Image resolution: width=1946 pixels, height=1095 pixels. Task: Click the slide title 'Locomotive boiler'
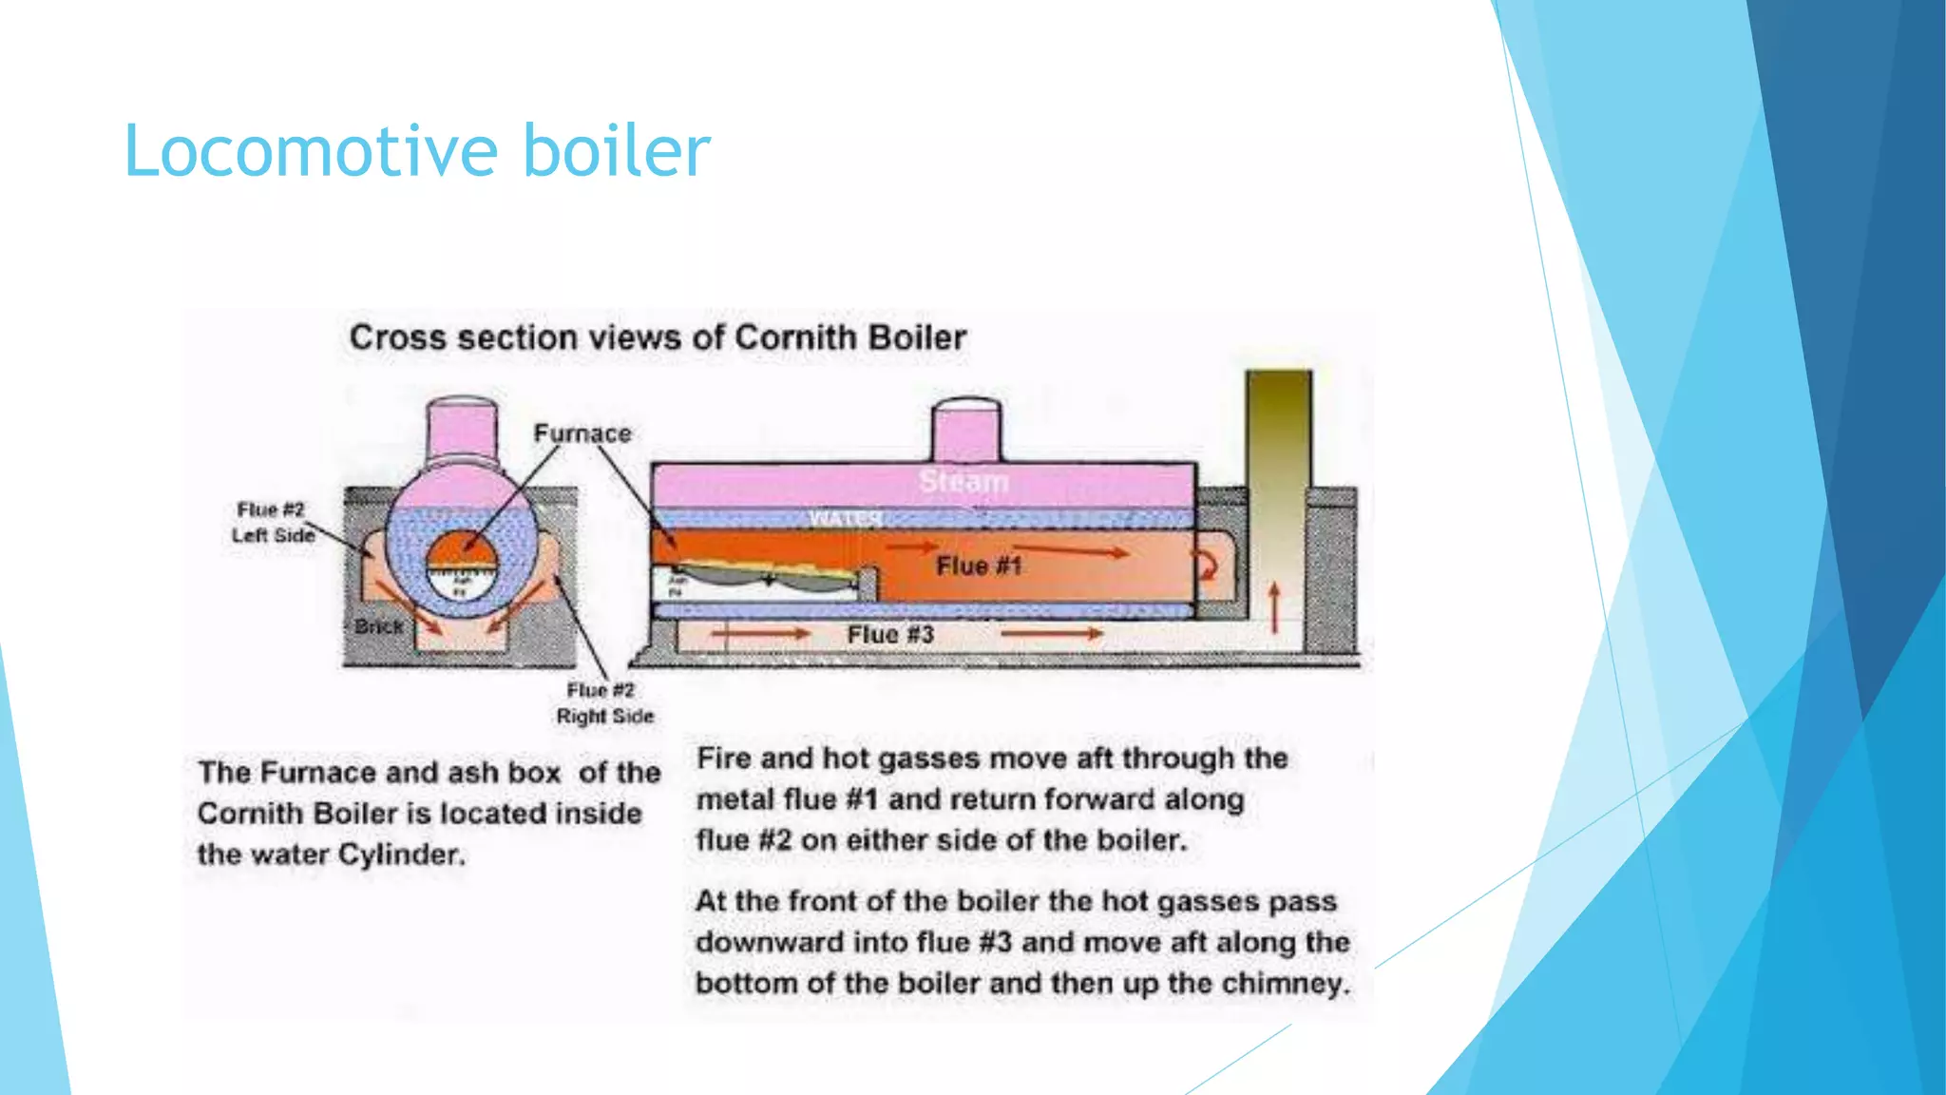pos(416,151)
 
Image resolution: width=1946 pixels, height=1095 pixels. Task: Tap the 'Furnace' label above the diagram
pos(582,433)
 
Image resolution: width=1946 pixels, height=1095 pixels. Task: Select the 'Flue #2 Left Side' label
pos(272,523)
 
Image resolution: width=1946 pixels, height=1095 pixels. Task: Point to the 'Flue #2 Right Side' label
pos(604,703)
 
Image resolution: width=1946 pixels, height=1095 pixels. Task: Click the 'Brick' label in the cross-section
pos(378,626)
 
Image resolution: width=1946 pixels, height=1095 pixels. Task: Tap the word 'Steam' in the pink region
pos(963,482)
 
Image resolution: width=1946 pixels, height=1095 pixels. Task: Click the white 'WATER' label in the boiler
pos(845,518)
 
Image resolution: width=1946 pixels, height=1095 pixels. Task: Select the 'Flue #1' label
pos(979,567)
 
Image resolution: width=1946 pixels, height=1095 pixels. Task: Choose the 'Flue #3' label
pos(890,635)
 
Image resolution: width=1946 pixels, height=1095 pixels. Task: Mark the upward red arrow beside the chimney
pos(1274,607)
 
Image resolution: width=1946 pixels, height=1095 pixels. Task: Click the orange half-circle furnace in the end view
pos(461,552)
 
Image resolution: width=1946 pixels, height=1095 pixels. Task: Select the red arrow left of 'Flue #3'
pos(760,633)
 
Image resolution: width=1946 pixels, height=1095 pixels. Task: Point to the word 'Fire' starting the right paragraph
pos(722,759)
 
